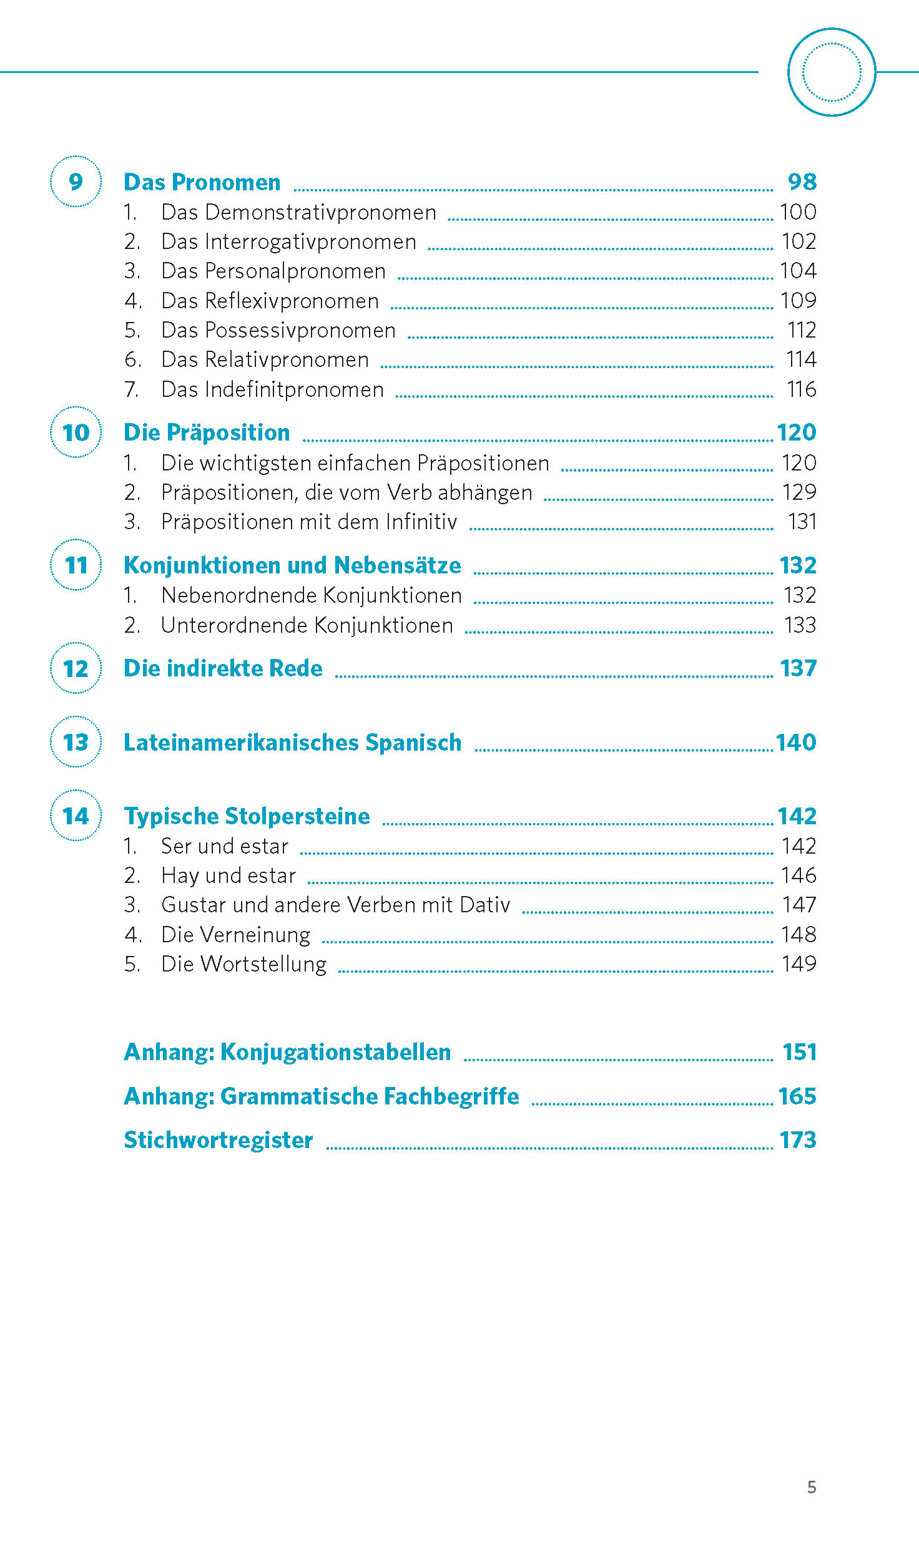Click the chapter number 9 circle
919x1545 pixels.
76,182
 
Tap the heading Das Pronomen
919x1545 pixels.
202,182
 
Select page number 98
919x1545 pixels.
802,182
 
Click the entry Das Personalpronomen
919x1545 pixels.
273,271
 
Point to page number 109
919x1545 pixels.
798,301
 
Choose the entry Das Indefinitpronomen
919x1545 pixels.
272,389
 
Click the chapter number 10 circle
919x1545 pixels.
76,432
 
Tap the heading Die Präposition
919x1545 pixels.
207,432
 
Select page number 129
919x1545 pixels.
799,492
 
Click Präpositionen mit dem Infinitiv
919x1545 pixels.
309,522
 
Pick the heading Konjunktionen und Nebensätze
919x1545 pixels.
292,565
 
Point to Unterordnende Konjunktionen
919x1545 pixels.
307,625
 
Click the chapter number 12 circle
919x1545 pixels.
76,668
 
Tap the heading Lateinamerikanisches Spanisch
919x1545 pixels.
292,743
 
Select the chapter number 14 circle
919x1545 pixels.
76,816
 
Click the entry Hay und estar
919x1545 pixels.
229,875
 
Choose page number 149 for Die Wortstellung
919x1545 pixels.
799,964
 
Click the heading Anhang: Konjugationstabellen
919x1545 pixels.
287,1052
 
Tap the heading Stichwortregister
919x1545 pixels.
219,1140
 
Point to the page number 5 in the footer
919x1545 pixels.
812,1487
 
